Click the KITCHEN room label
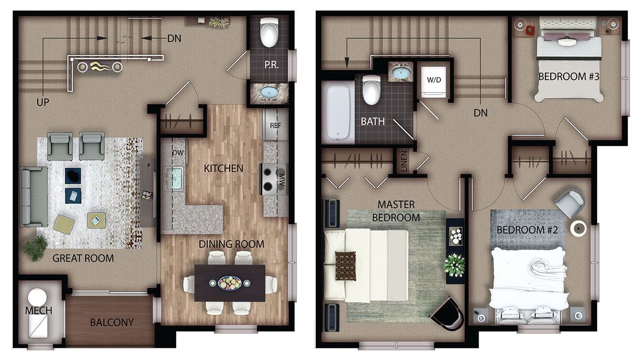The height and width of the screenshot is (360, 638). coord(224,169)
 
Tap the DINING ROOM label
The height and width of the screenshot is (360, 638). coord(231,244)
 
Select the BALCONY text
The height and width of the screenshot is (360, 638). coord(112,322)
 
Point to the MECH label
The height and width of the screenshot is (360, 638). coord(38,311)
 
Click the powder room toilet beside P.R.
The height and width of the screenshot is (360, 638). coord(269,32)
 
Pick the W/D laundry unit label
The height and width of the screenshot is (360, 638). coord(434,80)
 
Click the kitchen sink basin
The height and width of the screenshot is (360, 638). coord(174,178)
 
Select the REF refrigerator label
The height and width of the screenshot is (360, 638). coord(275,125)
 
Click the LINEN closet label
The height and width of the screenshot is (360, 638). coord(404,162)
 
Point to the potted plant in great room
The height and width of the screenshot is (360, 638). coord(36,248)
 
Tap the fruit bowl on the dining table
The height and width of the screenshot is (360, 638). coord(230,283)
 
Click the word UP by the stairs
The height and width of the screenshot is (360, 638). coord(43,102)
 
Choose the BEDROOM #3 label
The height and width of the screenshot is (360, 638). coord(569,77)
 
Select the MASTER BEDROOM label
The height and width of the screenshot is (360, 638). coord(396,211)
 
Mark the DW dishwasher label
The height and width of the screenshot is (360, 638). coord(178,153)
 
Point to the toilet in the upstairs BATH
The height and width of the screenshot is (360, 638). coord(371,90)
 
